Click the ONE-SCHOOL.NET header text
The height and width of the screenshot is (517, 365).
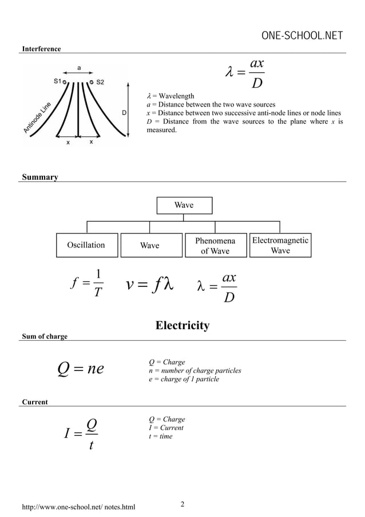(301, 37)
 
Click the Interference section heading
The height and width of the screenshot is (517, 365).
(41, 49)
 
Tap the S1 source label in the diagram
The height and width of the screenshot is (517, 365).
(58, 82)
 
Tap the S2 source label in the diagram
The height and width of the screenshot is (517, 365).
(100, 82)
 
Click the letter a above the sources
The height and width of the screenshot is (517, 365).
(79, 68)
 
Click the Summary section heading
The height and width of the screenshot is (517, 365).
(39, 177)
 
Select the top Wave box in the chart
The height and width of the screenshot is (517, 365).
(184, 205)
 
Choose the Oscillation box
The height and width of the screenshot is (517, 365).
(86, 245)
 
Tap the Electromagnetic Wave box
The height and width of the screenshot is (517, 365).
(280, 245)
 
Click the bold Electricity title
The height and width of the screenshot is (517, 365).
(182, 326)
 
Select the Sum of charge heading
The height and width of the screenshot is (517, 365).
(45, 336)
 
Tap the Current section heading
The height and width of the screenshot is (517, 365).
(34, 402)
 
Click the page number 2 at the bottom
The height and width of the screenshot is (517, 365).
(182, 504)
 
